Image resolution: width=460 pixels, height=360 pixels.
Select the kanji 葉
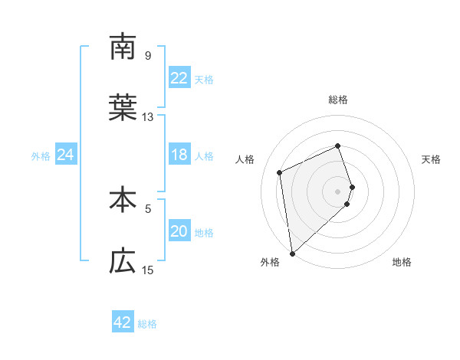[x=123, y=109]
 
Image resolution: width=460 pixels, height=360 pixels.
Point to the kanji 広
[x=123, y=262]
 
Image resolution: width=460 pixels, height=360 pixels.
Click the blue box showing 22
[x=179, y=78]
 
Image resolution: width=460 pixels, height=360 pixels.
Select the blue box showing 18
[x=179, y=155]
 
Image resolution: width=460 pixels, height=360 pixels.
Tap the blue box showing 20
[x=179, y=232]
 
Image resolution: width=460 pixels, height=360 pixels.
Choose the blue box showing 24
[x=65, y=155]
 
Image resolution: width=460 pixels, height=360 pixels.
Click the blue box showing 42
[x=123, y=323]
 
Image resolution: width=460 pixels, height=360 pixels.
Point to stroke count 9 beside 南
[x=148, y=55]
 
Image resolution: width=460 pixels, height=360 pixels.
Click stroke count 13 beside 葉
[x=148, y=117]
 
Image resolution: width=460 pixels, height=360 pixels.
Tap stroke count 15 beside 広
[x=148, y=270]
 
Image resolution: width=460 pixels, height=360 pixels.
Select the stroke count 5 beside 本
[x=148, y=207]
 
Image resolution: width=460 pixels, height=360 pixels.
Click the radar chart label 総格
[x=338, y=100]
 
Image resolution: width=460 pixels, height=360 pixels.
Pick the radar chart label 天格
[x=431, y=159]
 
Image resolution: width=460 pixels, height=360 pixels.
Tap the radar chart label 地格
[x=402, y=262]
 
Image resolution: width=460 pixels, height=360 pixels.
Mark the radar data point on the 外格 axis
[x=292, y=252]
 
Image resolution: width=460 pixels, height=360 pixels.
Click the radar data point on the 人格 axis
[x=280, y=172]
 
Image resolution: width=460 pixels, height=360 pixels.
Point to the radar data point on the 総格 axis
[x=338, y=146]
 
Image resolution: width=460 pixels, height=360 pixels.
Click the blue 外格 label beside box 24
[x=41, y=156]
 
